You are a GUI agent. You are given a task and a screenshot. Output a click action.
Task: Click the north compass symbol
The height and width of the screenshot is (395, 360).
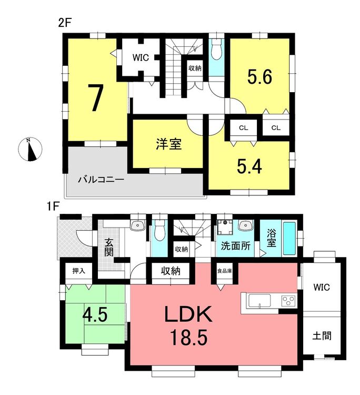coord(30,150)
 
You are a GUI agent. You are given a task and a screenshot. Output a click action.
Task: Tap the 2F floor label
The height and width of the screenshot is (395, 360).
coord(65,23)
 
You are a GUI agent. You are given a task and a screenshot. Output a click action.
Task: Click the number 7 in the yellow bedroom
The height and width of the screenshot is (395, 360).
coord(96,97)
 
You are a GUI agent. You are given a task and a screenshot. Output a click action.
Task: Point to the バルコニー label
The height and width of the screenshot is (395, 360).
coord(101,180)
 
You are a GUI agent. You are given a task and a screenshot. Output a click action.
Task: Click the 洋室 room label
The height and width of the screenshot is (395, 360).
coord(168,144)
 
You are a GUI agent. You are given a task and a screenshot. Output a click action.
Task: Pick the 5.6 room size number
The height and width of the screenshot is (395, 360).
coord(259,77)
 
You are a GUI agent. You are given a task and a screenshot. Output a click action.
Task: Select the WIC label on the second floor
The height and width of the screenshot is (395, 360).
coord(141,58)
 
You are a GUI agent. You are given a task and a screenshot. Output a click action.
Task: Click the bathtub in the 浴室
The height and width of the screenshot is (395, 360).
coord(290,238)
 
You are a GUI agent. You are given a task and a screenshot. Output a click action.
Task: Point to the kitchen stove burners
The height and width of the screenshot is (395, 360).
coord(289,301)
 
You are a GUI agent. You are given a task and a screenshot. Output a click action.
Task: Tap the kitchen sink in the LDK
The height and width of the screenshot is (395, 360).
coord(259,300)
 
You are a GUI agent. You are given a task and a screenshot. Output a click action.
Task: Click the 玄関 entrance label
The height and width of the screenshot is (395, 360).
coord(109,248)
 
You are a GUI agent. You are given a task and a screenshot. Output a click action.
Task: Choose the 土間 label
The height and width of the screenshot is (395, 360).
coord(322,336)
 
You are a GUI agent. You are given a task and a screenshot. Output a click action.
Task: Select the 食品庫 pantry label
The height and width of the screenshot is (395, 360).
coord(225,271)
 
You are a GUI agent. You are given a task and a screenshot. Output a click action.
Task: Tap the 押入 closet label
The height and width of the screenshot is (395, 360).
coord(79,271)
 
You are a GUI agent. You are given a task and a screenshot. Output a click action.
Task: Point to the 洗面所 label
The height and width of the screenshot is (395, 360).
coord(236,245)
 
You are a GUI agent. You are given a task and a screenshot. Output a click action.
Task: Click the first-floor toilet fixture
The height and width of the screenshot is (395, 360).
coord(159,230)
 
